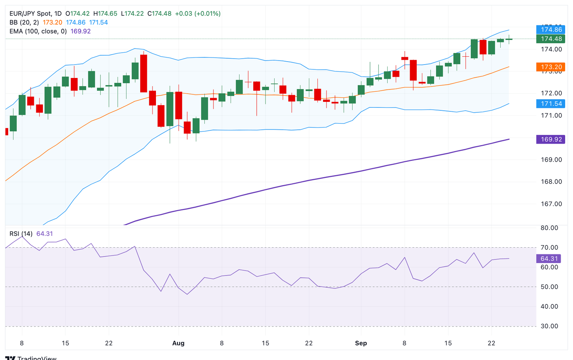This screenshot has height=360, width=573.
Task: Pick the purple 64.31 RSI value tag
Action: pyautogui.click(x=549, y=259)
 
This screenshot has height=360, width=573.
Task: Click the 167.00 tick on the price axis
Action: pyautogui.click(x=551, y=204)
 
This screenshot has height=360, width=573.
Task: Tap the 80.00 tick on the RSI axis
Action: pyautogui.click(x=549, y=228)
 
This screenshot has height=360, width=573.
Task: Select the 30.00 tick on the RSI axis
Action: pyautogui.click(x=549, y=326)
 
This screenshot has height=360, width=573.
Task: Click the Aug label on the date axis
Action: pyautogui.click(x=178, y=343)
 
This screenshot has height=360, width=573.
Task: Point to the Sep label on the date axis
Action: pyautogui.click(x=361, y=343)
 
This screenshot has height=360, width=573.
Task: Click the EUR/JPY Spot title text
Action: pyautogui.click(x=31, y=13)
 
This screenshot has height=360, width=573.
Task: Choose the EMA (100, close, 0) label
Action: pyautogui.click(x=38, y=31)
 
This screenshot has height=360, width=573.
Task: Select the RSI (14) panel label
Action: pyautogui.click(x=21, y=234)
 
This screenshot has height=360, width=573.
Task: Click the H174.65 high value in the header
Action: pyautogui.click(x=107, y=13)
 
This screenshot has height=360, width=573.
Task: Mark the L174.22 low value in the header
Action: pyautogui.click(x=132, y=13)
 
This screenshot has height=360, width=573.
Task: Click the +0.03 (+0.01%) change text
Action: pyautogui.click(x=198, y=13)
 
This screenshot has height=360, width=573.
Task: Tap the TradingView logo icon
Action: pyautogui.click(x=10, y=358)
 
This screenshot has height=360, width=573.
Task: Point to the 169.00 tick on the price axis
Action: pyautogui.click(x=551, y=160)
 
